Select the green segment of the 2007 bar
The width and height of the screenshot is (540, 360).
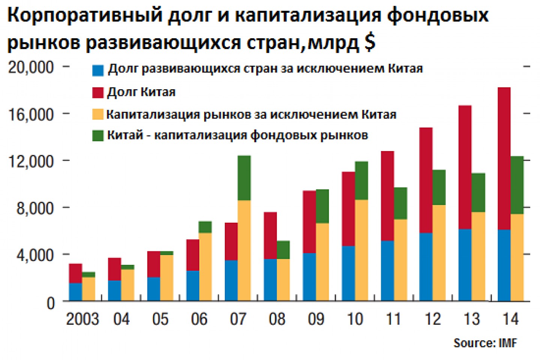coord(244,178)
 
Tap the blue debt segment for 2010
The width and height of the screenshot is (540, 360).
coord(348,273)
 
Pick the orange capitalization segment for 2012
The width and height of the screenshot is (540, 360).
coord(439,253)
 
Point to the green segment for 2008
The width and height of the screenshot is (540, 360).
coord(283,250)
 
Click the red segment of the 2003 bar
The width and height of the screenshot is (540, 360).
coord(75,273)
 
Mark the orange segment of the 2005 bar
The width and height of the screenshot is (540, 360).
coord(167,278)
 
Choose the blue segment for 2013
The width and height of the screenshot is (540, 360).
coord(465,265)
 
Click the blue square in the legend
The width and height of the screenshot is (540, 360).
coord(98,70)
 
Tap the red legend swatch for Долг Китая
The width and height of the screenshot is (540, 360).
coord(98,93)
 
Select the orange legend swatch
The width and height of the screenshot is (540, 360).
coord(98,114)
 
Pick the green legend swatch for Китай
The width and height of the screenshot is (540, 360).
coord(98,136)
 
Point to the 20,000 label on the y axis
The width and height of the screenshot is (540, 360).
coord(31,67)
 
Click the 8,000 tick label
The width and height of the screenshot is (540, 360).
coord(35,208)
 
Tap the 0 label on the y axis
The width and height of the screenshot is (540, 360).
coord(51,303)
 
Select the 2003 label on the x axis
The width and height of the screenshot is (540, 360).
coord(82,319)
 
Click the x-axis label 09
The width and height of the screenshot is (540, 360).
coord(316,319)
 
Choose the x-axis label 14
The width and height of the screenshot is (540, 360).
coord(510,319)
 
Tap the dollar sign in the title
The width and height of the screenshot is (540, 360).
coord(370,42)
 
